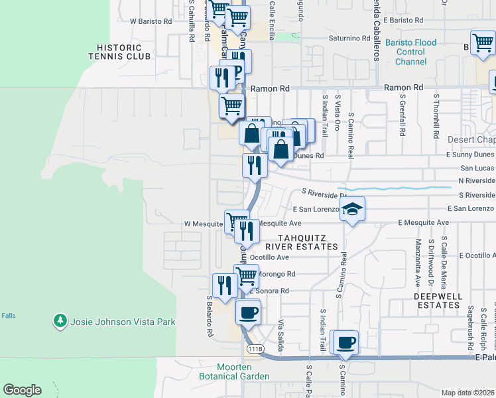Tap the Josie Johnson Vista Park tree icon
pyautogui.click(x=60, y=322)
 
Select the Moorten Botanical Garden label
pyautogui.click(x=243, y=371)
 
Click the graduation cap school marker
pyautogui.click(x=353, y=210)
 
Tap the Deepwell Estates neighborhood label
pyautogui.click(x=437, y=300)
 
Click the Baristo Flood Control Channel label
pyautogui.click(x=411, y=52)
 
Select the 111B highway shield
pyautogui.click(x=254, y=349)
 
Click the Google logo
pyautogui.click(x=22, y=390)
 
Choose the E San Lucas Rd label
pyautogui.click(x=473, y=168)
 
